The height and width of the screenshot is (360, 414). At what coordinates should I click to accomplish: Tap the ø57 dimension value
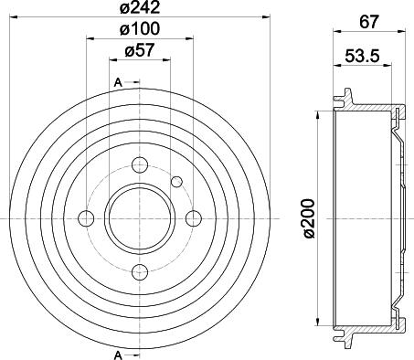[x=140, y=53]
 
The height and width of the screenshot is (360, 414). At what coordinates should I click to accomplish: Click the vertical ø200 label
[x=309, y=218]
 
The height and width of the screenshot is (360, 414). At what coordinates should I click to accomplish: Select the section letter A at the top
[x=119, y=84]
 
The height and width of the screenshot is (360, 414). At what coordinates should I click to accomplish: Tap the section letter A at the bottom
[x=119, y=353]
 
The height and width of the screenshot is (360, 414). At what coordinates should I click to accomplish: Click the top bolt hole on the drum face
[x=140, y=165]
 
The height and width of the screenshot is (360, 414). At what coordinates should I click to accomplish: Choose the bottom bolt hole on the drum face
[x=140, y=271]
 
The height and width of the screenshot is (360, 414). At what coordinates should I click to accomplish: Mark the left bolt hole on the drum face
[x=87, y=218]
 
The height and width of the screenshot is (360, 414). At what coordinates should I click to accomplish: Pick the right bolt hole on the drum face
[x=193, y=218]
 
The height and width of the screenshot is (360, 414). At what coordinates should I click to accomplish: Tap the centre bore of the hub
[x=140, y=218]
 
